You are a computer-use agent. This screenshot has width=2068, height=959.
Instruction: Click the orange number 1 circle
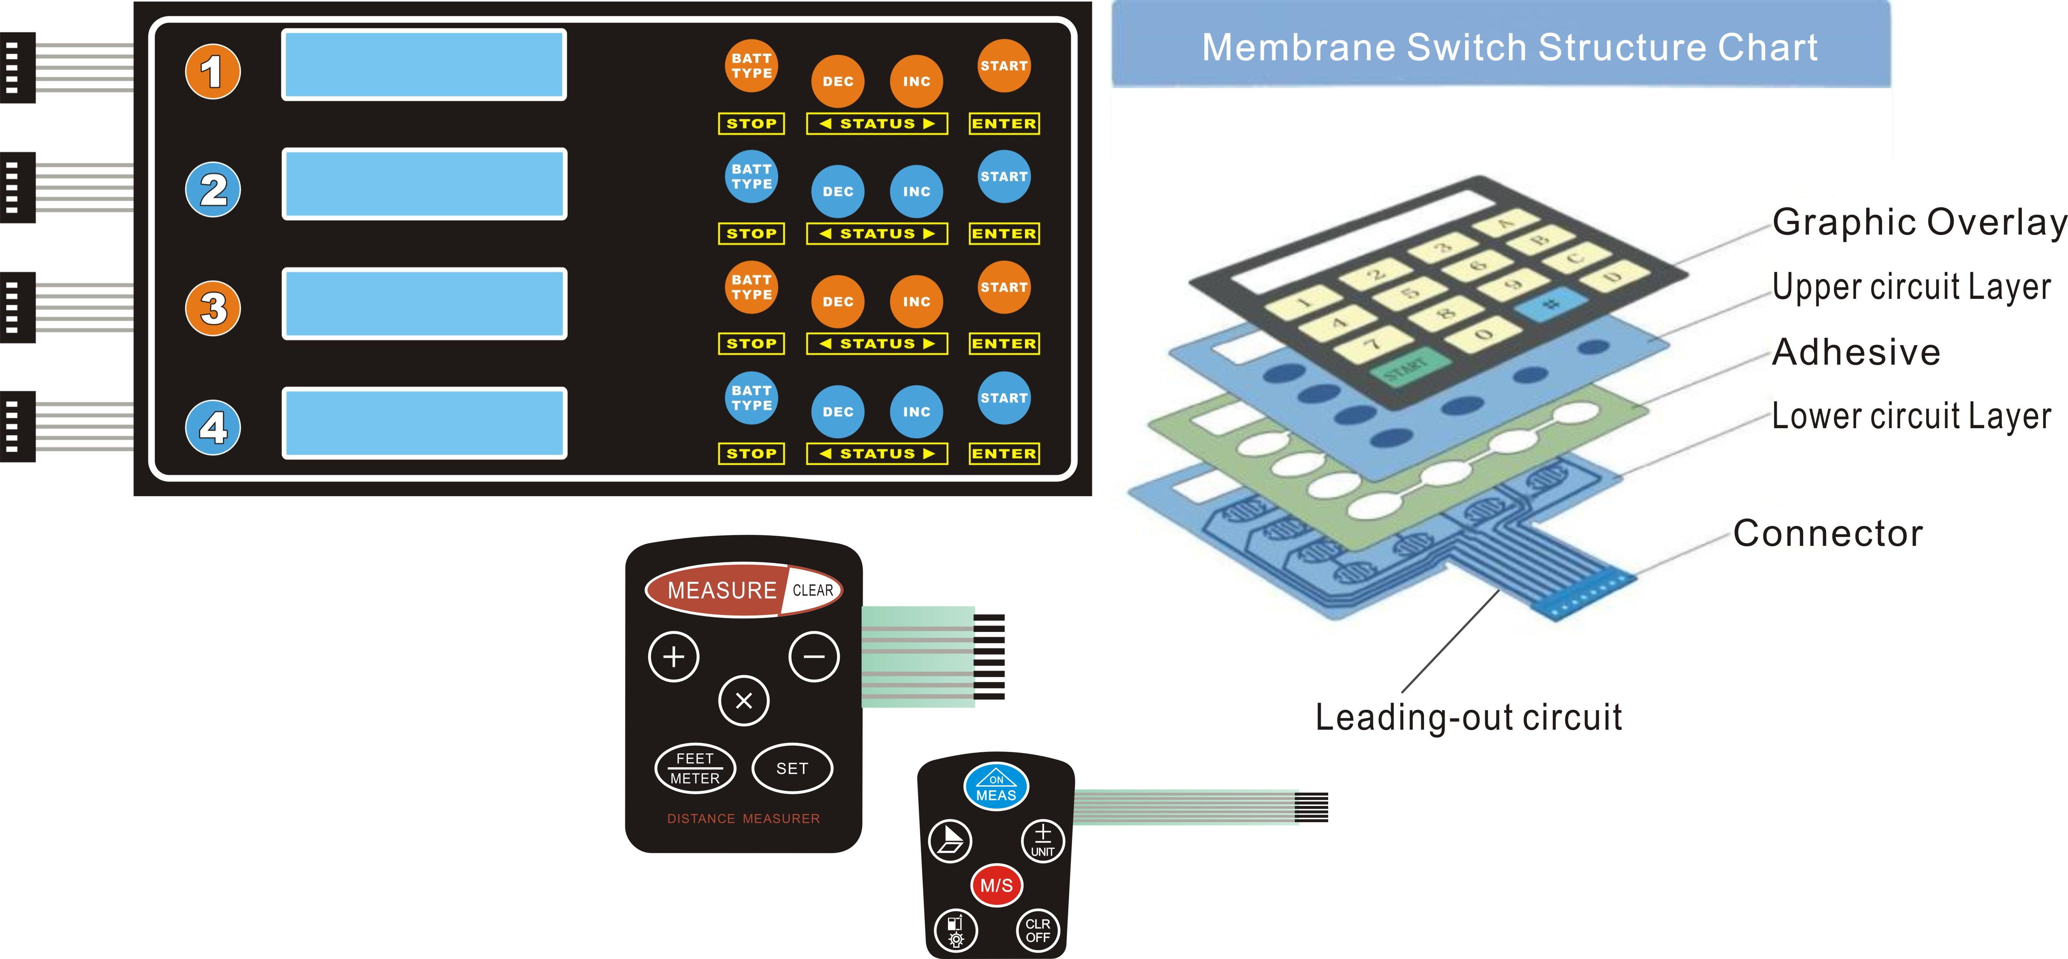click(213, 71)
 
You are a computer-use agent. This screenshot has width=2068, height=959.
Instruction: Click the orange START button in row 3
click(1004, 288)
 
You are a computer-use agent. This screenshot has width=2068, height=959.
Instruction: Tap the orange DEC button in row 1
click(837, 81)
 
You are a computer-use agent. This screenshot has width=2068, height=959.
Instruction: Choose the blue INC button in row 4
click(916, 412)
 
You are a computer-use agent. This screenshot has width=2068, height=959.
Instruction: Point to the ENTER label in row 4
click(1004, 454)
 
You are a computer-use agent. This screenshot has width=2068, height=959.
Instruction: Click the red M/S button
click(996, 885)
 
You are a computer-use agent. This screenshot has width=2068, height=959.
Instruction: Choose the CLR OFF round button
click(1037, 931)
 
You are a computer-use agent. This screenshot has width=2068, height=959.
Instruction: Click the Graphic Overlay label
click(1917, 223)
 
